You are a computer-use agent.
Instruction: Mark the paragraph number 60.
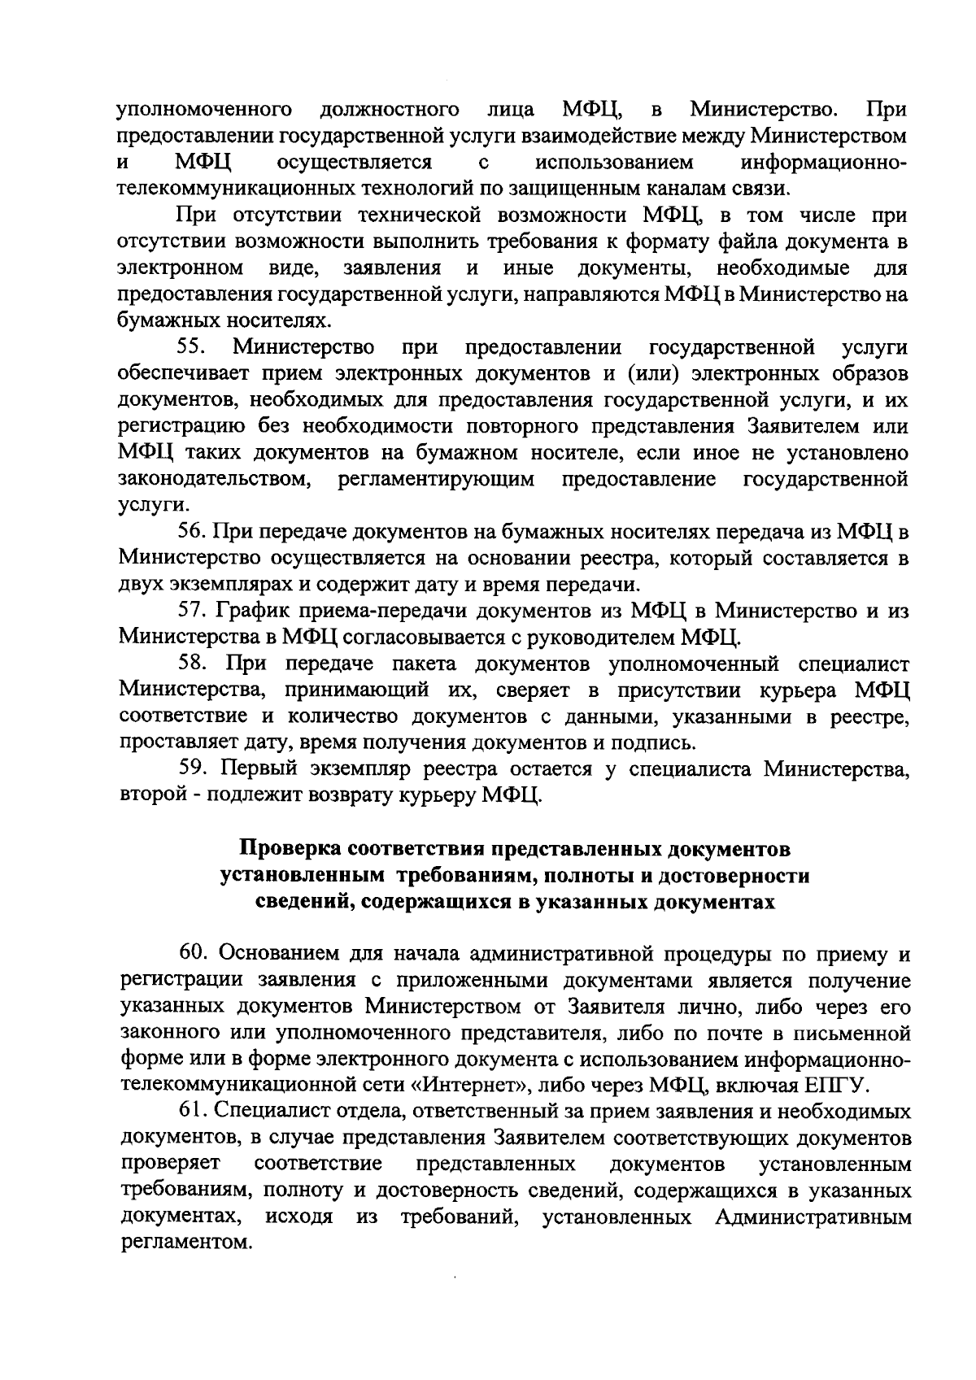pyautogui.click(x=193, y=953)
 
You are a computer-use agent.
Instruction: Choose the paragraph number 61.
pyautogui.click(x=192, y=1112)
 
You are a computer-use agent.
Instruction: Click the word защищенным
pyautogui.click(x=587, y=189)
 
